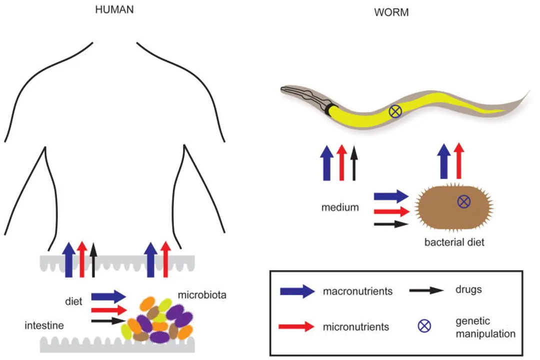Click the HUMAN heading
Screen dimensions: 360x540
point(114,9)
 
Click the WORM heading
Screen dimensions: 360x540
point(391,12)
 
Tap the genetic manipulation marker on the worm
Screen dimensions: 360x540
point(395,112)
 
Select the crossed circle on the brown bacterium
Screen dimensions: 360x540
point(464,201)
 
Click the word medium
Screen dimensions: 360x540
point(340,207)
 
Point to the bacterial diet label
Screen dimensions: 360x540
point(454,243)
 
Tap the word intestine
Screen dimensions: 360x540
point(44,326)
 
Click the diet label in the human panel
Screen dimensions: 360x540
point(73,301)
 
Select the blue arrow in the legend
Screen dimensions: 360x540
point(297,291)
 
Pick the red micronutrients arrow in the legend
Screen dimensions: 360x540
point(297,327)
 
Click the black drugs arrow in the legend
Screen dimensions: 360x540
point(428,290)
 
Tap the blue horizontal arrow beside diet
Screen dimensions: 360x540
point(108,296)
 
